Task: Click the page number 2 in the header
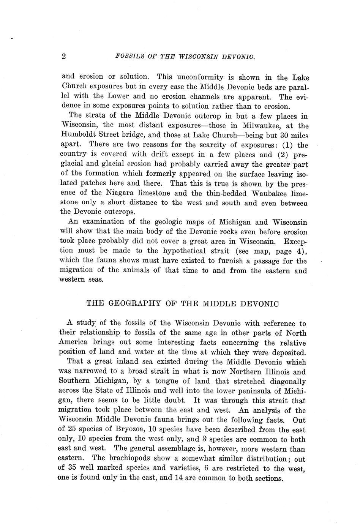(x=64, y=57)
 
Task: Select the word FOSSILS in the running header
(x=128, y=57)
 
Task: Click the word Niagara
(x=117, y=193)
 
